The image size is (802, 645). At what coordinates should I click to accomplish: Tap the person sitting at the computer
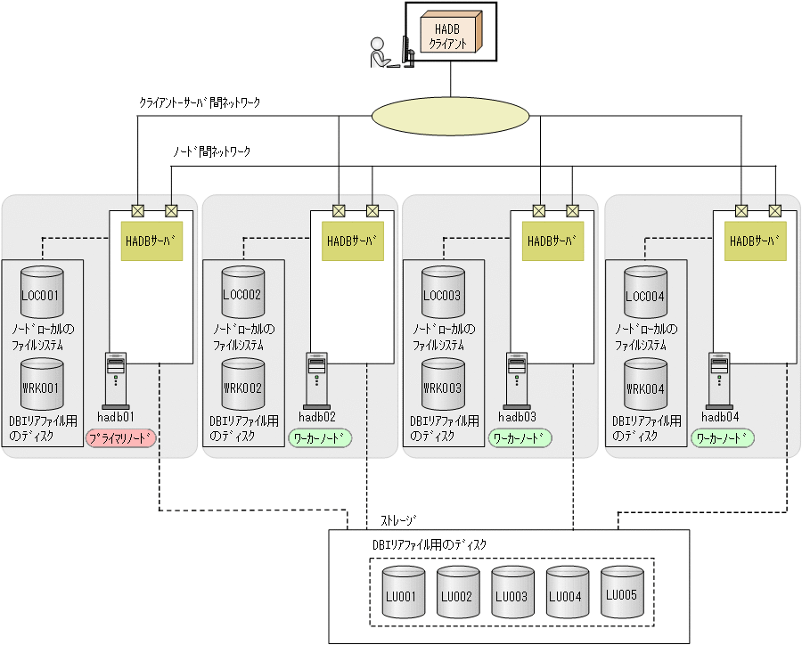pos(381,53)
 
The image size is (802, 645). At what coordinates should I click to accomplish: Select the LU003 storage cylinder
pos(511,592)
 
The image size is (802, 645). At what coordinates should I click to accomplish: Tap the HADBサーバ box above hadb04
pos(755,241)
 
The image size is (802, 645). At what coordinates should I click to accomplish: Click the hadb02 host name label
pos(317,416)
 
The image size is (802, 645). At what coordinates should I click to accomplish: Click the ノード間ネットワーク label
pos(211,151)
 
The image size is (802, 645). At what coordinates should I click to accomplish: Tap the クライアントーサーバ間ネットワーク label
pos(200,103)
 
